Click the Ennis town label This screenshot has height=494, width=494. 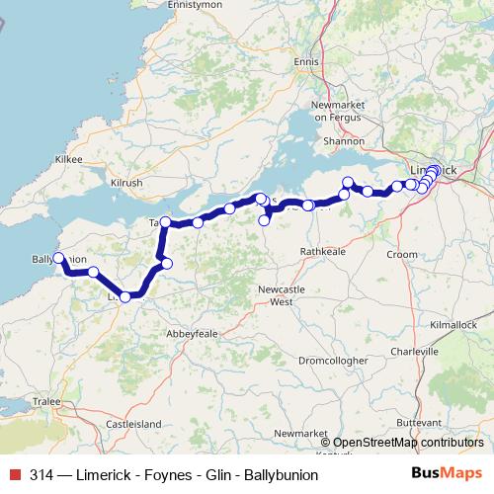(x=307, y=62)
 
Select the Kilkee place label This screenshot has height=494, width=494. (x=69, y=158)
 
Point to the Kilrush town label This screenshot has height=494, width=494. (x=127, y=184)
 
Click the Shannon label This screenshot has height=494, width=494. (x=344, y=141)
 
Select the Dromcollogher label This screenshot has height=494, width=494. (x=331, y=361)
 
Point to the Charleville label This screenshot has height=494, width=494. (x=414, y=351)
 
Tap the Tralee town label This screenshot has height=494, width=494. (x=46, y=402)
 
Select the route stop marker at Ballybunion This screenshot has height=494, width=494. (x=58, y=258)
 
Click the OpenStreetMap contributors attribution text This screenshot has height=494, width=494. (x=408, y=443)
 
